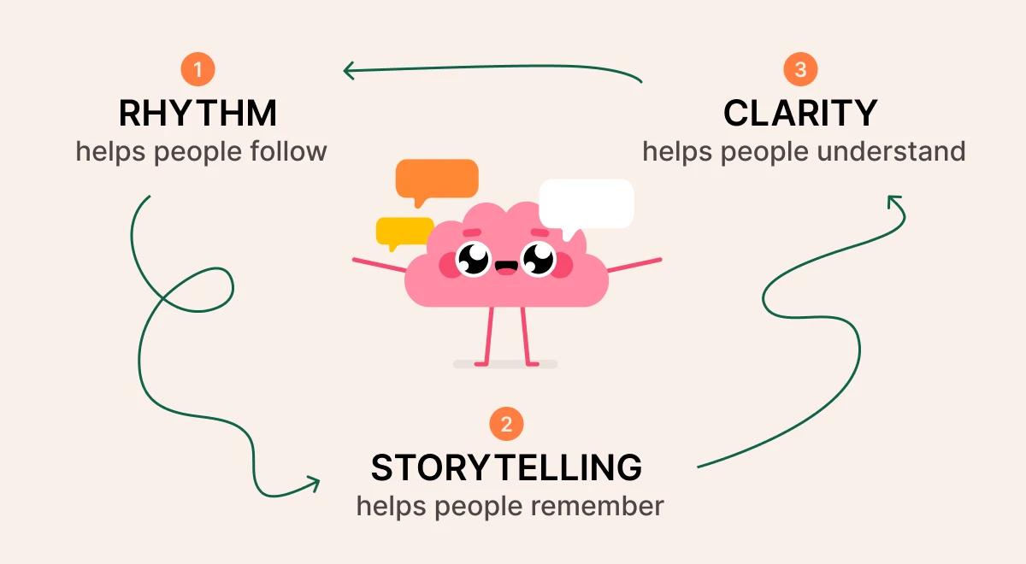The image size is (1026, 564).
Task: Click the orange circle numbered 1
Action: [198, 69]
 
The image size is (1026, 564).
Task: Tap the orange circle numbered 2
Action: [506, 424]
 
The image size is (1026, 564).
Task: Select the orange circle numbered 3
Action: [800, 69]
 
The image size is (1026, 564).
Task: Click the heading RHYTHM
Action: [198, 113]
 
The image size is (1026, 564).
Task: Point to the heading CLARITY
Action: [800, 113]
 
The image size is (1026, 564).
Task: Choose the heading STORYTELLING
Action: [506, 467]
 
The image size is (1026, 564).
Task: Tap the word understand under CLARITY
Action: [891, 151]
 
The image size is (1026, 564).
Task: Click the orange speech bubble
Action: [437, 181]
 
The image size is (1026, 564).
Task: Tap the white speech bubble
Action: [587, 206]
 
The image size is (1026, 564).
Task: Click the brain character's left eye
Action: [473, 259]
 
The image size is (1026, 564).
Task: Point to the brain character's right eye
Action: [540, 259]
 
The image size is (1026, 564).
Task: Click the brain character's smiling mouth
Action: [506, 267]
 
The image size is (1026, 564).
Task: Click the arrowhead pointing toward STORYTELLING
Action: [315, 484]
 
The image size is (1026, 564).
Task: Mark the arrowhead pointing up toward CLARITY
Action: [893, 200]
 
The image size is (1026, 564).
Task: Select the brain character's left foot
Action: [482, 364]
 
